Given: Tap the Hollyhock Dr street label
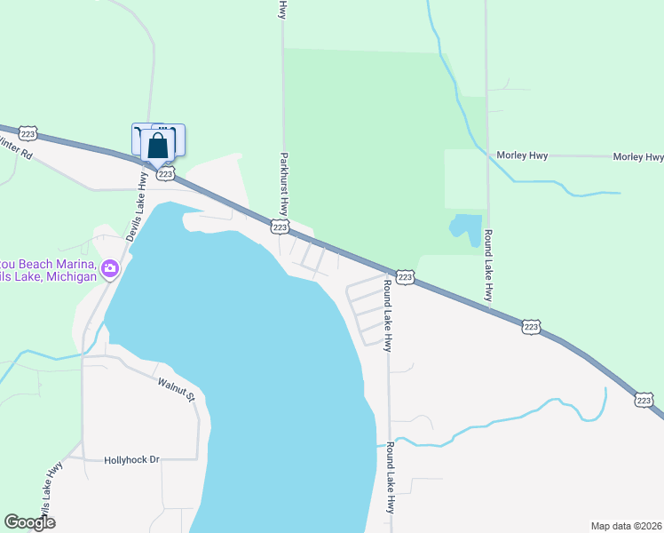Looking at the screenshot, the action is click(130, 460).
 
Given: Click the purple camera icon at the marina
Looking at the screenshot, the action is click(110, 267).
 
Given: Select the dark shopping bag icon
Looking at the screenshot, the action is click(158, 146).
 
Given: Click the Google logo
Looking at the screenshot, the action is click(29, 522).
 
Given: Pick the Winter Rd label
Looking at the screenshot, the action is click(15, 147).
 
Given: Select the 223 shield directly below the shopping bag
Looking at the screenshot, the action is click(165, 174).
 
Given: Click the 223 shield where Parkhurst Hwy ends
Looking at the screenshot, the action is click(281, 228).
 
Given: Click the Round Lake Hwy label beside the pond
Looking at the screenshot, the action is click(489, 259).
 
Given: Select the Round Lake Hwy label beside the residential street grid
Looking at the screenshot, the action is click(387, 315).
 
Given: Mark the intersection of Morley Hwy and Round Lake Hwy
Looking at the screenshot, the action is click(487, 155).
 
